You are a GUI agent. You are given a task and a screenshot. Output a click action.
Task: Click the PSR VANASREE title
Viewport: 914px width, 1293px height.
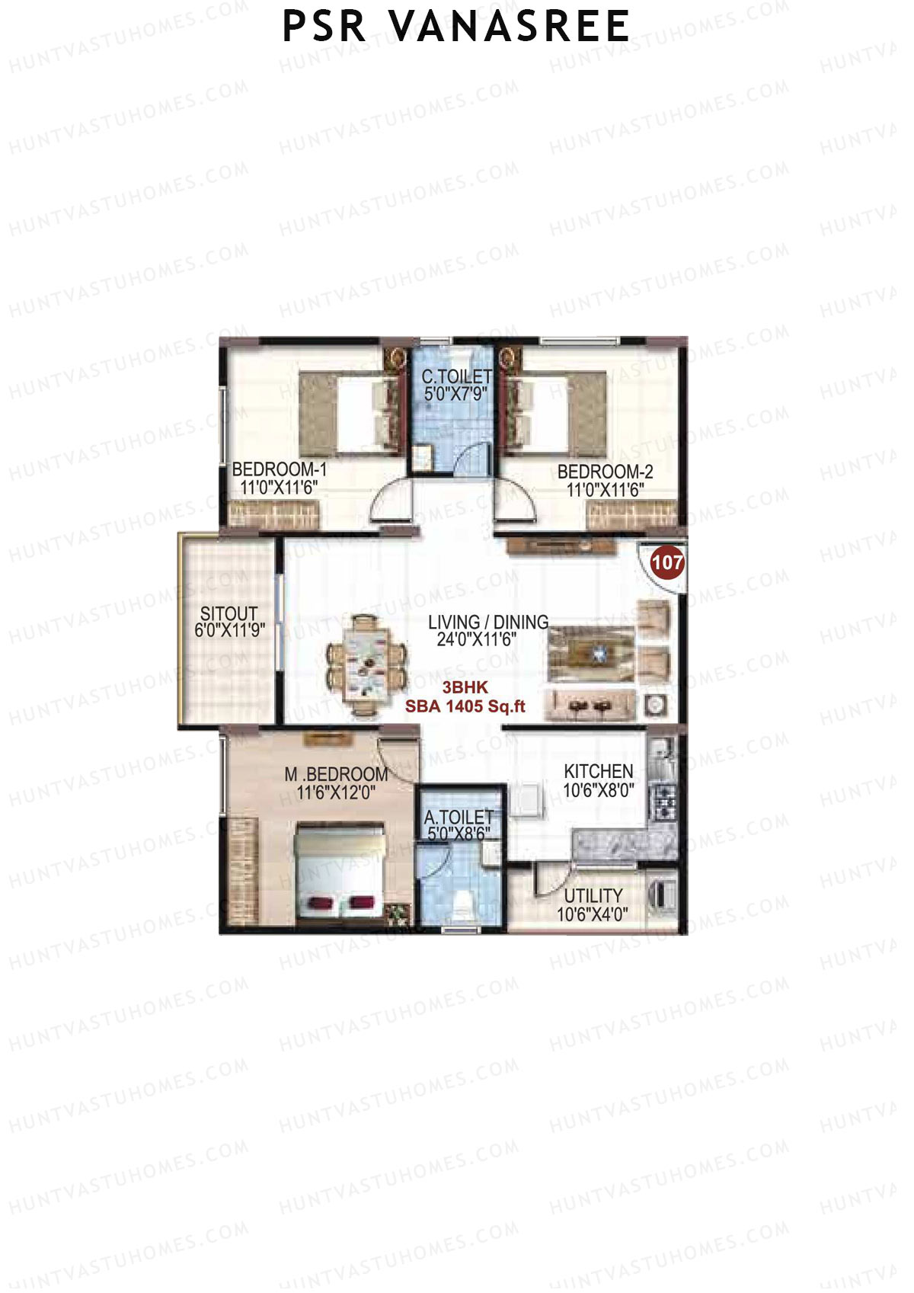click(x=455, y=27)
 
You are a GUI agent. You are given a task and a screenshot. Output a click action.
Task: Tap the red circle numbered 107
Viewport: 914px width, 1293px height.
click(x=667, y=563)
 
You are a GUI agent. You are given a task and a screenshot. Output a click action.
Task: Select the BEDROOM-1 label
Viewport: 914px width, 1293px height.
click(x=279, y=469)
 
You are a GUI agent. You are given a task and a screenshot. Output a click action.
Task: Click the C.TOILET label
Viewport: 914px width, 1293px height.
click(x=456, y=376)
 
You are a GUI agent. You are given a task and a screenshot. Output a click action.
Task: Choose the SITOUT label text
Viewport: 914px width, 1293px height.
click(x=228, y=613)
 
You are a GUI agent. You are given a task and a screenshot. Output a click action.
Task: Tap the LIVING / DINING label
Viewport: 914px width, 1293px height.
click(x=487, y=622)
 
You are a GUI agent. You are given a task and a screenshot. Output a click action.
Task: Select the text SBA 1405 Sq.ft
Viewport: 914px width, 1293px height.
click(x=465, y=706)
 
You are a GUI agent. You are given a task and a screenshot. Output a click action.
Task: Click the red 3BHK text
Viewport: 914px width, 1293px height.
click(x=465, y=687)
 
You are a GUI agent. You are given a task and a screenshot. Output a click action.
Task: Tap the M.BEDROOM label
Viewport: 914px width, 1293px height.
click(x=336, y=774)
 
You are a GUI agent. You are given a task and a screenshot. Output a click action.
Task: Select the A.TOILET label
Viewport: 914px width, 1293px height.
click(x=459, y=818)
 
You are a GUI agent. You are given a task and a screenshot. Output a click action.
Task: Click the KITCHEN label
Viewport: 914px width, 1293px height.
click(x=598, y=771)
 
